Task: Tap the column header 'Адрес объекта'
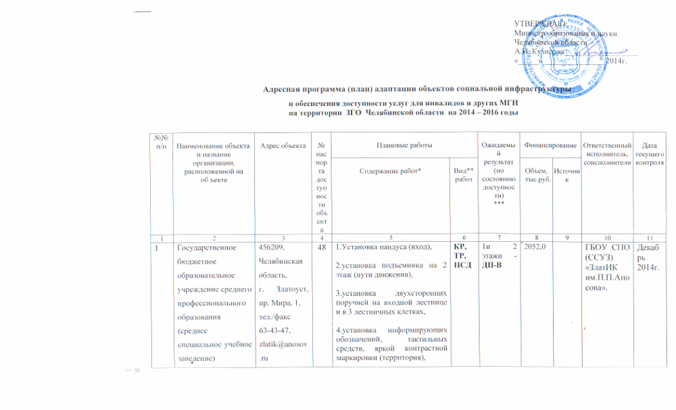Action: point(275,146)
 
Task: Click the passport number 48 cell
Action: point(320,247)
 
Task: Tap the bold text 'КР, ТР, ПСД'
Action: point(464,257)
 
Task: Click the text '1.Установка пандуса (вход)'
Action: point(383,248)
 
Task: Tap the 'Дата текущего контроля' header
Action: point(651,155)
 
